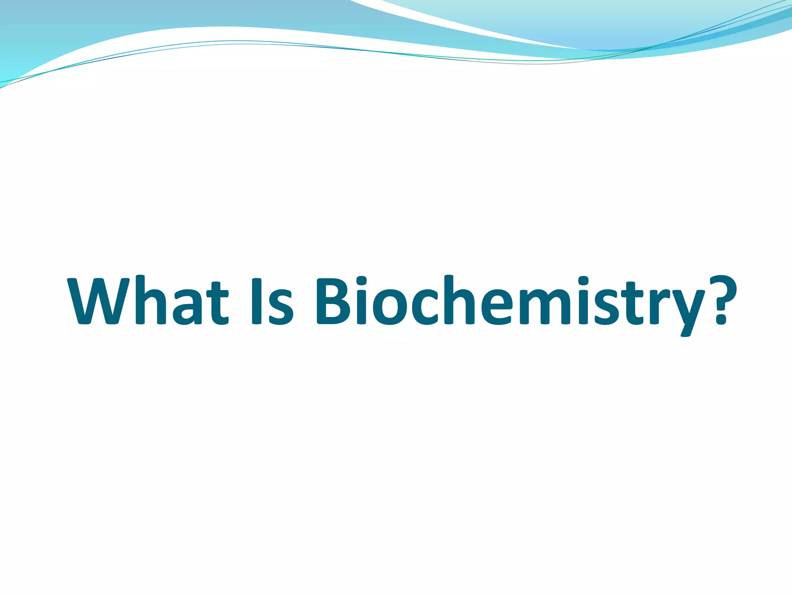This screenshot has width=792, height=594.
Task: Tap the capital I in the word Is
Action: (256, 301)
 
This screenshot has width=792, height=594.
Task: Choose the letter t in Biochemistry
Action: (635, 304)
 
